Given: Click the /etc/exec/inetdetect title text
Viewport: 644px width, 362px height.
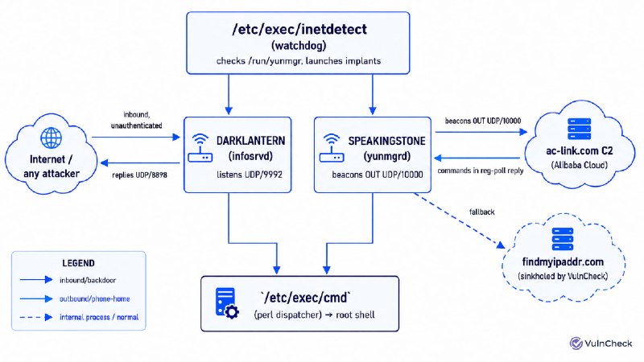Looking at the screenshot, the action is tap(299, 30).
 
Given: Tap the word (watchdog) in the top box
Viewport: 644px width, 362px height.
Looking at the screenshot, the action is tap(299, 46).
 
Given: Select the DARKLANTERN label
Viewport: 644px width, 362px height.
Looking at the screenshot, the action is tap(250, 141).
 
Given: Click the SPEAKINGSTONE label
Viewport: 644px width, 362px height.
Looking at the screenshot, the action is tap(386, 141).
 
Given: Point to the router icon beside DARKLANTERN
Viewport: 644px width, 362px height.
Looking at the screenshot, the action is tap(200, 148).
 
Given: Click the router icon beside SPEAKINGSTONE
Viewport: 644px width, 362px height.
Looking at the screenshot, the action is tap(332, 148).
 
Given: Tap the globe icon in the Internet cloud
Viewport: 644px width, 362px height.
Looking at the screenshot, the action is tap(52, 138).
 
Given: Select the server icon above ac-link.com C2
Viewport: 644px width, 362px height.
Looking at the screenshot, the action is tap(579, 129).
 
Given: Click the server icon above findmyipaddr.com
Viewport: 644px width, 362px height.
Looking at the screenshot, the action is tap(562, 239).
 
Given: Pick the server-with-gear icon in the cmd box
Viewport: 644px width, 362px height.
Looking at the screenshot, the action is tap(227, 303).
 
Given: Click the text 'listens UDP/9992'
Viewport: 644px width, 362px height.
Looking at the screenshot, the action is tap(250, 175).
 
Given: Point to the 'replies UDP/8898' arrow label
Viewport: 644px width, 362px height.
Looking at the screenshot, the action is tap(139, 175).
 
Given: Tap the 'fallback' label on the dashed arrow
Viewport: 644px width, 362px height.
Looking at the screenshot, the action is tap(481, 212).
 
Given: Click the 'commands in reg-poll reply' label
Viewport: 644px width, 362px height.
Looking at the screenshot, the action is tap(481, 171).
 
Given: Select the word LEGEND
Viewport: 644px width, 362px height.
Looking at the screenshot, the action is tap(78, 263).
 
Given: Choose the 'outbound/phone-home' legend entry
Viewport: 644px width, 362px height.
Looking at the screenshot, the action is tap(94, 298).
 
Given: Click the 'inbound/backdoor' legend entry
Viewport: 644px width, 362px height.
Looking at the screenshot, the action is tap(88, 280).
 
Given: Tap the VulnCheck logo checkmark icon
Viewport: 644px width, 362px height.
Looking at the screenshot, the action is tap(576, 343).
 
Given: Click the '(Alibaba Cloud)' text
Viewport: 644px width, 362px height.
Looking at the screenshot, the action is tap(579, 165).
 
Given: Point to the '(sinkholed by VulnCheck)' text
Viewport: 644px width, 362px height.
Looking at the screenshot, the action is tap(563, 276).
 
